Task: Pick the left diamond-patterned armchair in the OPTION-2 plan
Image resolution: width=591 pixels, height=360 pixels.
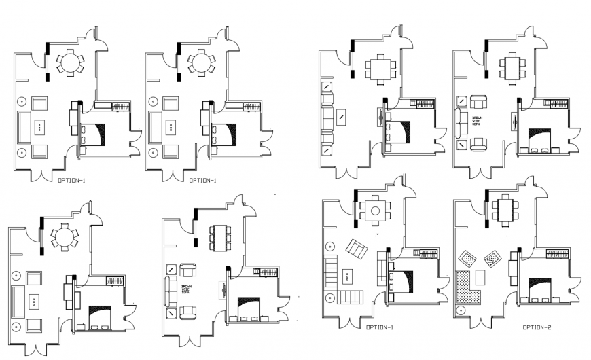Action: point(469,258)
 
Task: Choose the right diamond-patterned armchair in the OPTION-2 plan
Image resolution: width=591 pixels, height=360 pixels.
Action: point(492,258)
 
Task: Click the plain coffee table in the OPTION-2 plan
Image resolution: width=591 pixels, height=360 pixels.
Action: point(481,277)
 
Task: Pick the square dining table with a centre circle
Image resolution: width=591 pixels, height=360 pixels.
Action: point(375,211)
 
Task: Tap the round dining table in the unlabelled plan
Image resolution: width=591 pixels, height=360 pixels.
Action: point(62,237)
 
